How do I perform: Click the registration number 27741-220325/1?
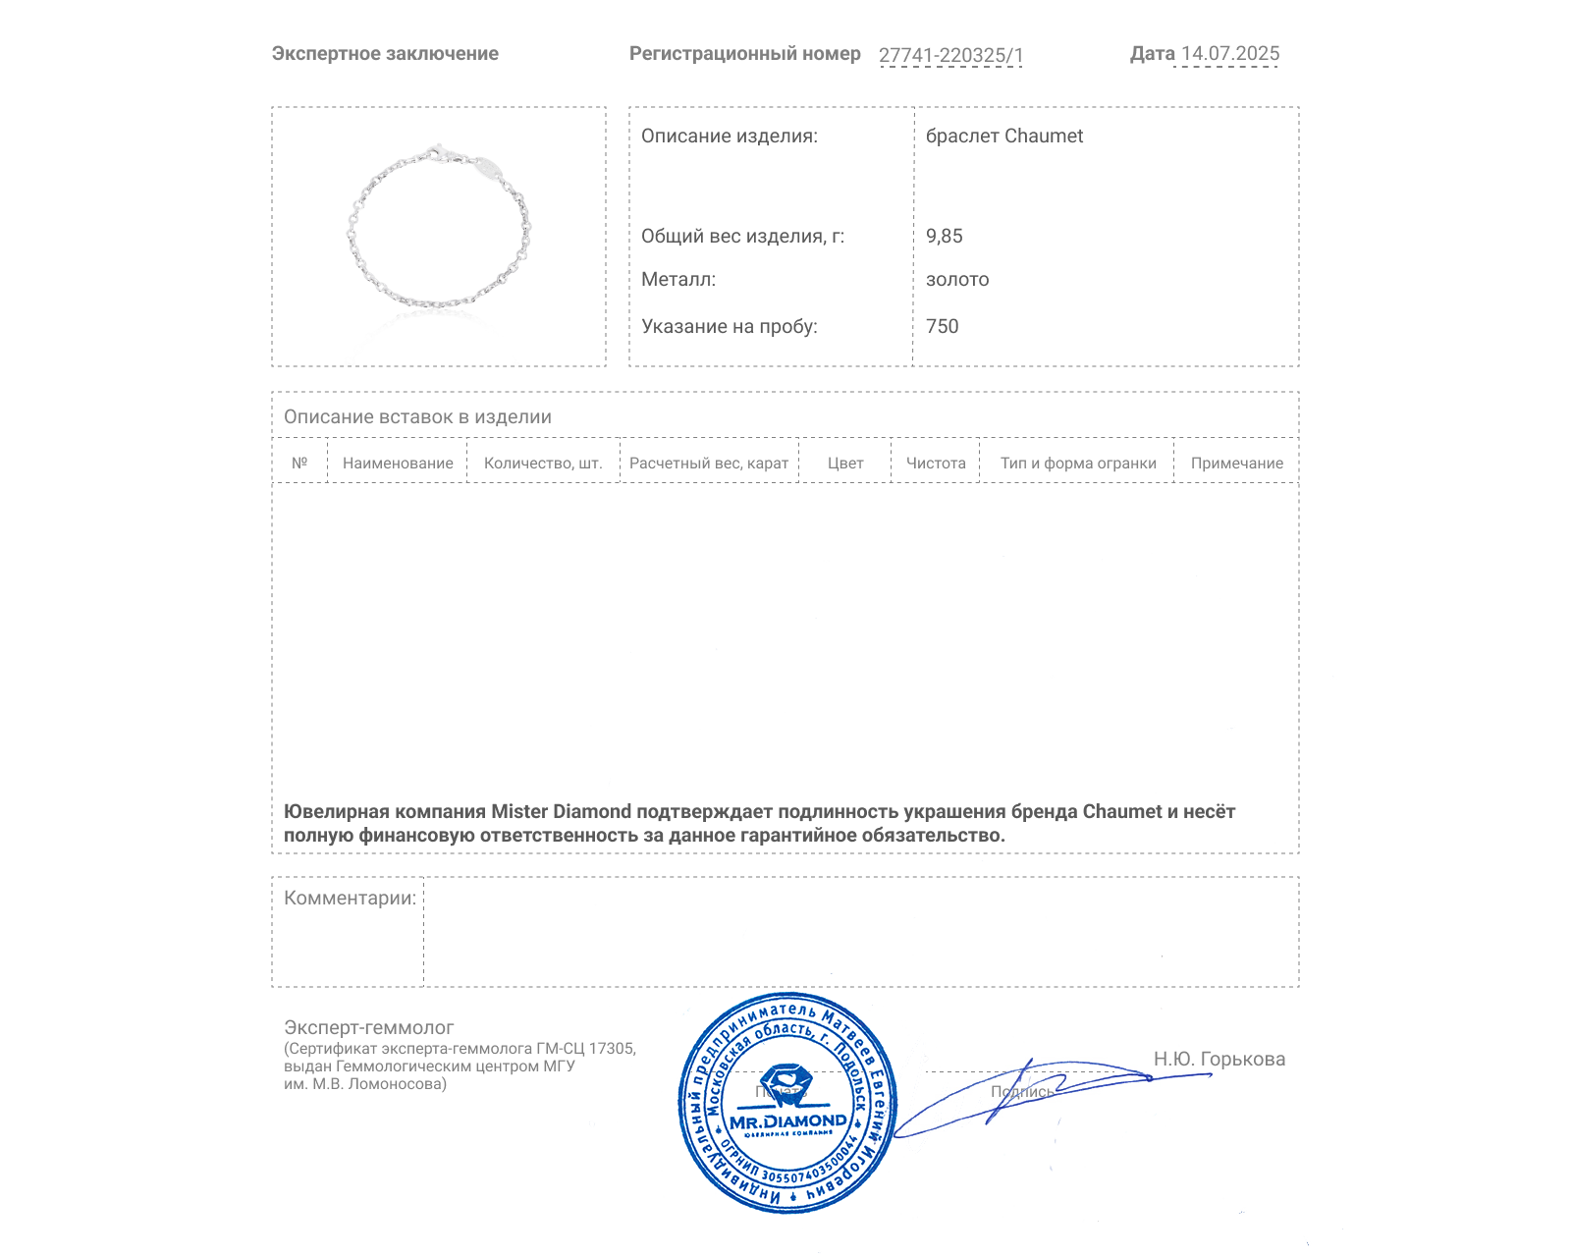coord(950,55)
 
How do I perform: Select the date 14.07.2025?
coord(1230,54)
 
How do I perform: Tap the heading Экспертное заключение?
coord(385,54)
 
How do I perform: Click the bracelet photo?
coord(439,231)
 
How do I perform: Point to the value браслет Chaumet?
coord(1004,137)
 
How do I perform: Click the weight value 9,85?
coord(945,236)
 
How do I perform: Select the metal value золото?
coord(957,280)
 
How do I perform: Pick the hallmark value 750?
coord(943,327)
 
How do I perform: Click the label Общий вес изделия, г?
coord(742,236)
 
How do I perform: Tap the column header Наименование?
coord(398,464)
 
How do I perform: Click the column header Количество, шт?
coord(543,464)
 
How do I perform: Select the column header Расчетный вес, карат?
coord(709,464)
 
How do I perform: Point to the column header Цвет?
coord(845,464)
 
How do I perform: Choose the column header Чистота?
coord(936,464)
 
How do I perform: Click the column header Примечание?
coord(1237,464)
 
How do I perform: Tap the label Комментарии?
coord(350,899)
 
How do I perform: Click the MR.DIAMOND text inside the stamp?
coord(788,1121)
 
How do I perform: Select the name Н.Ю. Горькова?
coord(1219,1060)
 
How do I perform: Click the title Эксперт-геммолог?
coord(369,1028)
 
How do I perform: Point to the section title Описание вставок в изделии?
coord(417,417)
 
